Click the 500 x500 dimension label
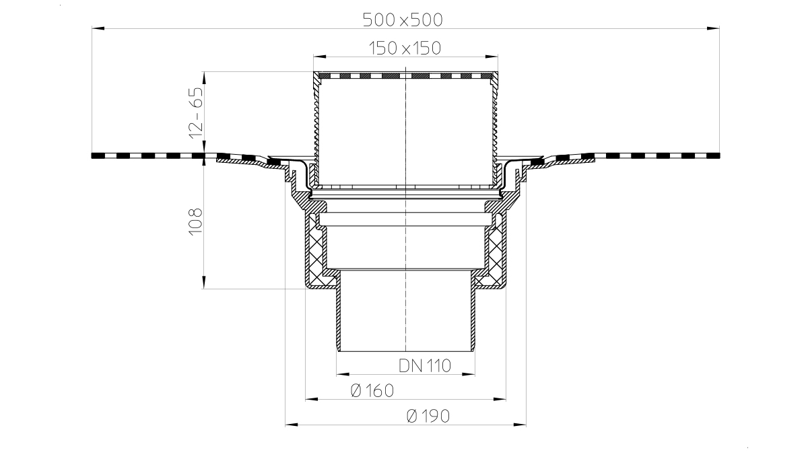pos(403,20)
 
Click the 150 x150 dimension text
pos(405,48)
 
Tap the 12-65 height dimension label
pos(196,113)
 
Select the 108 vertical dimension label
pos(196,222)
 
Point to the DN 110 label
pos(425,365)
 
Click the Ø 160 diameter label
pos(372,390)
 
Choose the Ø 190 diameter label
pos(428,416)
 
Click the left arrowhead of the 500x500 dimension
pos(98,28)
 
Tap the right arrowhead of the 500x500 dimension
pos(713,28)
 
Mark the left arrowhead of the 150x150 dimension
pos(320,57)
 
